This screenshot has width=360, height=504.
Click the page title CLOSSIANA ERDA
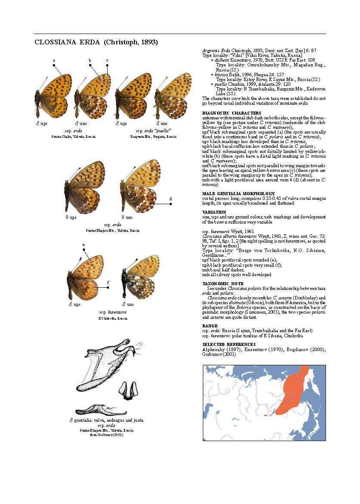tap(96, 42)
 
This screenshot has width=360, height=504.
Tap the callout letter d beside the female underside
tap(171, 199)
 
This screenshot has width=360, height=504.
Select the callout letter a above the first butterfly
tap(54, 60)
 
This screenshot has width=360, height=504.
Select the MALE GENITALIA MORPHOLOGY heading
tap(238, 193)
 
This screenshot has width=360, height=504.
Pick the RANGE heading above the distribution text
tap(210, 326)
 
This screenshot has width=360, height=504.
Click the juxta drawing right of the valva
tap(127, 391)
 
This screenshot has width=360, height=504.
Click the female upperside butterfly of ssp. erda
tap(84, 186)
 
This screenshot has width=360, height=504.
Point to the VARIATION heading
tap(214, 212)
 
